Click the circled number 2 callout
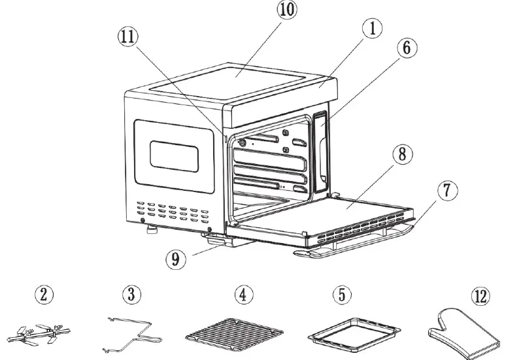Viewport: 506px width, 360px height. click(x=44, y=295)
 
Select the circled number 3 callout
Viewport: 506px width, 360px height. click(x=133, y=295)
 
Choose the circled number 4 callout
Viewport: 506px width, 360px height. click(x=245, y=295)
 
